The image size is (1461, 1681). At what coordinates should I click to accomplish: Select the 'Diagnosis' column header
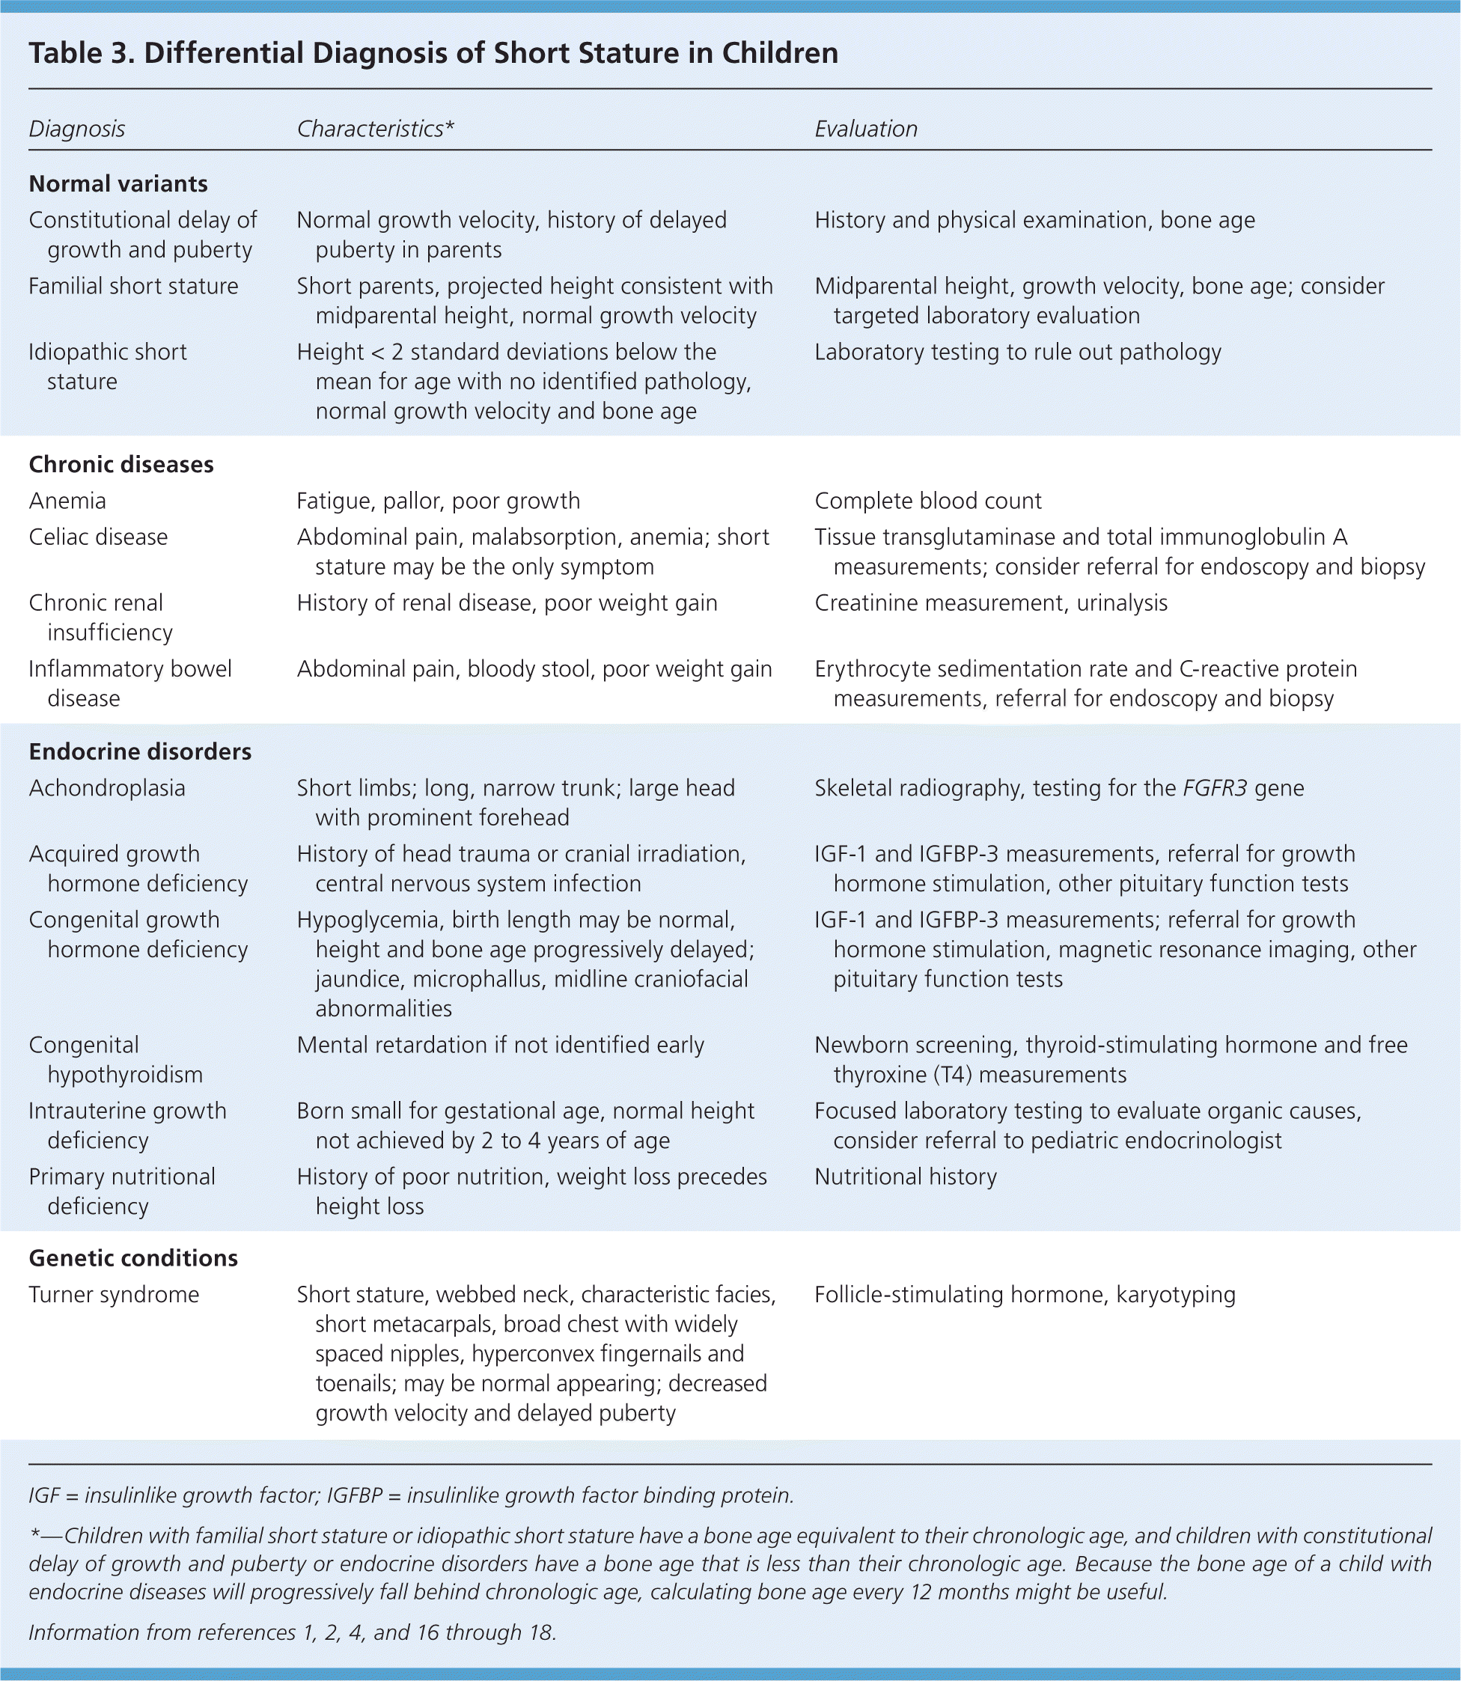(76, 129)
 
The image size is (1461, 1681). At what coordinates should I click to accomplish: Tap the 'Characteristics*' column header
(375, 129)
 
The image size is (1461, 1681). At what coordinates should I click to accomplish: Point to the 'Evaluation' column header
(866, 129)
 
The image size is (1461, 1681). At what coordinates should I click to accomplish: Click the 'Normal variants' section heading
(118, 183)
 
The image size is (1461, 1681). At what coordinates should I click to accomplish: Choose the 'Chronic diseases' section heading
(121, 464)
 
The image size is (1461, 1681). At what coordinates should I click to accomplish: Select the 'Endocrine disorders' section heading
(140, 751)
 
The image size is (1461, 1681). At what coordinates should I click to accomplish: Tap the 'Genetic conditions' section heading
(134, 1258)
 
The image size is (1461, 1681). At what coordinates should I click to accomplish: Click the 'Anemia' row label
(67, 501)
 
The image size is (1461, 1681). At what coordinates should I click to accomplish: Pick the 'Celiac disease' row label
(98, 537)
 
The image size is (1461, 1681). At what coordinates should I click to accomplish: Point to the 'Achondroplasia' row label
(107, 788)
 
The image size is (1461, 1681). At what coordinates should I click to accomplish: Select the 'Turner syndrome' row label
(114, 1295)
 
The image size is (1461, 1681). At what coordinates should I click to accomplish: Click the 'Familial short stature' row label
(134, 286)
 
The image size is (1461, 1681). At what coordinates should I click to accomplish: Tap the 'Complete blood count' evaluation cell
(928, 501)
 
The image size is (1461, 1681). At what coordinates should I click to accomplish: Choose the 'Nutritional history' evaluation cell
(905, 1177)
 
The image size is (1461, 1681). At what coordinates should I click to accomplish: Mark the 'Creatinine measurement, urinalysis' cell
(990, 603)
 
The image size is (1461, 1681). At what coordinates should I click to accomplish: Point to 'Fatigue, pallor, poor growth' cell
(439, 501)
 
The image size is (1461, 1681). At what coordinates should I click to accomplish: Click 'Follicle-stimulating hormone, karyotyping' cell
(1025, 1295)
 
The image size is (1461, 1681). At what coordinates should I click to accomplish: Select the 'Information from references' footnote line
(292, 1632)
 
